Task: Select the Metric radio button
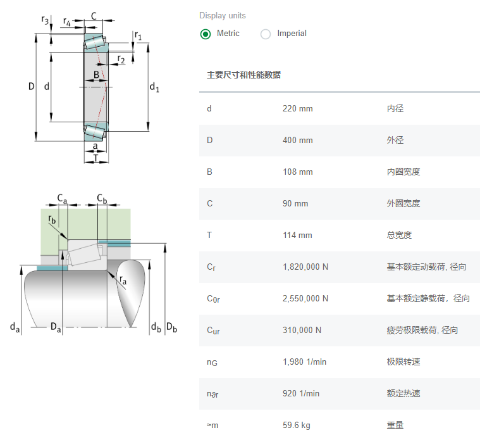point(206,34)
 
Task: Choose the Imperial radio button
point(266,34)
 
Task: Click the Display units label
point(223,15)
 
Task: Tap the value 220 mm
point(297,108)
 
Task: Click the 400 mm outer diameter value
point(297,140)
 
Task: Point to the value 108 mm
point(297,172)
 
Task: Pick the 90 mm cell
point(295,203)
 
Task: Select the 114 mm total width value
point(297,235)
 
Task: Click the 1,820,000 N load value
point(305,267)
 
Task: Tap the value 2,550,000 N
point(305,298)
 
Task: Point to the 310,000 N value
point(302,330)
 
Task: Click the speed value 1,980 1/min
point(304,362)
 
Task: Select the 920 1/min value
point(301,393)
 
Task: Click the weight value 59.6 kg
point(297,425)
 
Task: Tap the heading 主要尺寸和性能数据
point(244,75)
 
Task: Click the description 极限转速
point(403,362)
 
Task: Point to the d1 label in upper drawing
point(154,87)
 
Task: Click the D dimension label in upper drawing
point(31,86)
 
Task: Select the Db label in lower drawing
point(171,327)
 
